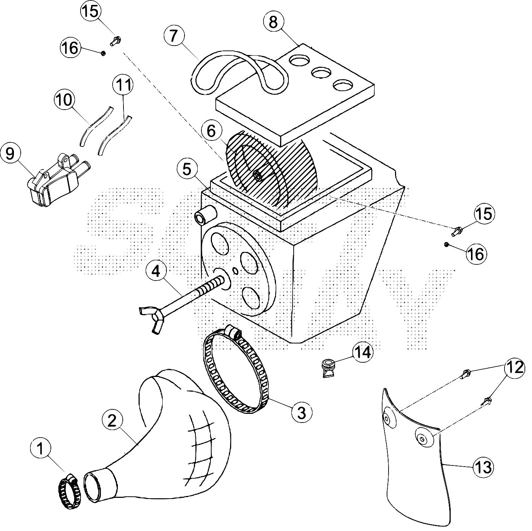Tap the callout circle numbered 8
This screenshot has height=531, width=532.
click(x=274, y=22)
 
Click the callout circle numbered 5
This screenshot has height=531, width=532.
click(x=187, y=170)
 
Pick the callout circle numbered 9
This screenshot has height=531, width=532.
click(x=10, y=154)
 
